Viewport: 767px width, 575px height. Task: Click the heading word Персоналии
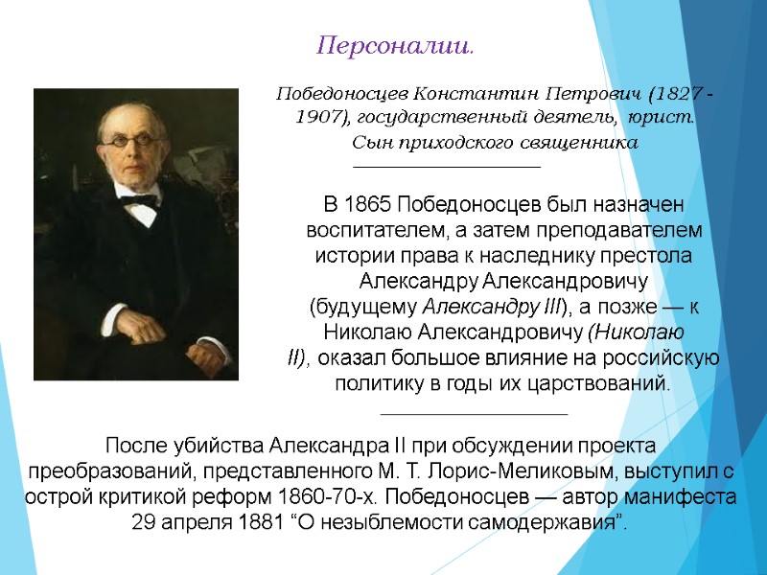pos(395,46)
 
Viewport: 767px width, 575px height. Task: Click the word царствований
pos(605,383)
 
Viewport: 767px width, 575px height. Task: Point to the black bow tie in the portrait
pos(140,202)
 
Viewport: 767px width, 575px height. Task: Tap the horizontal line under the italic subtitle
pos(448,167)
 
